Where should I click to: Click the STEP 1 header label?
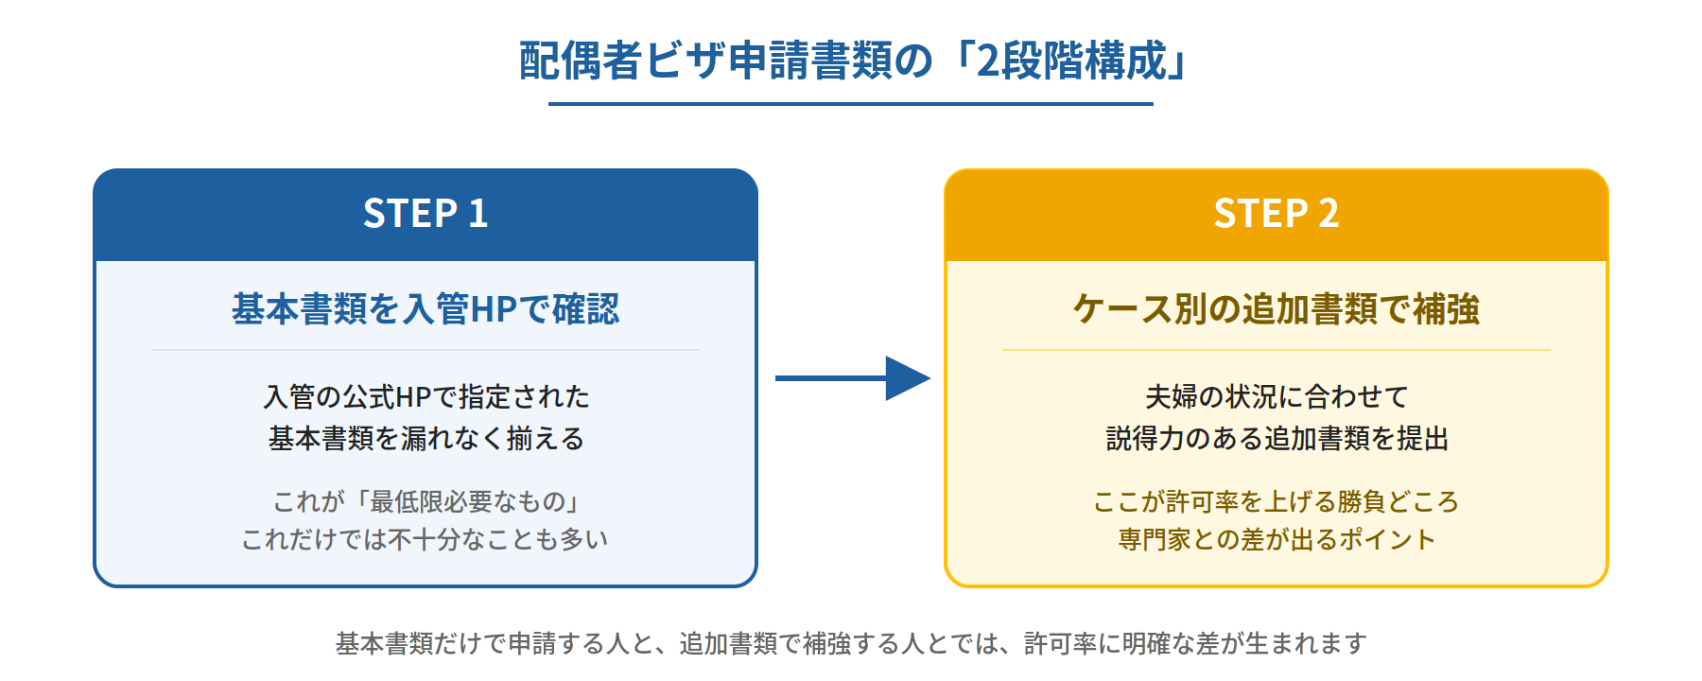coord(425,214)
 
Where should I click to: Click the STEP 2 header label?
coord(1276,214)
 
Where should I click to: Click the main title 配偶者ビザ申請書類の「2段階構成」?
coord(851,61)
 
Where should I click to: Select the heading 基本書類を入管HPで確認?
coord(425,309)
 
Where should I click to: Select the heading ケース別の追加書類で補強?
coord(1276,309)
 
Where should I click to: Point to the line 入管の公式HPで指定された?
coord(425,396)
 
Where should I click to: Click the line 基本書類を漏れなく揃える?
coord(425,439)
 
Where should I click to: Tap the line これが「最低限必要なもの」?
coord(425,501)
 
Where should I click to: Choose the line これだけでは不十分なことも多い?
coord(425,539)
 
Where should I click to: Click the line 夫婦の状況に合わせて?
coord(1276,396)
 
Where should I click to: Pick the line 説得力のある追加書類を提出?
coord(1276,439)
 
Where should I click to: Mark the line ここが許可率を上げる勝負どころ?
coord(1276,501)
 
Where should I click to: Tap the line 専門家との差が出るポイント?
coord(1276,539)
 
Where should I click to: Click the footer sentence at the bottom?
coord(851,643)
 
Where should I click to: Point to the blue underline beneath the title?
coord(851,103)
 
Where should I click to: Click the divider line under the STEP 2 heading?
coord(1276,350)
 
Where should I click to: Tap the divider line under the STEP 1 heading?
coord(425,350)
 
